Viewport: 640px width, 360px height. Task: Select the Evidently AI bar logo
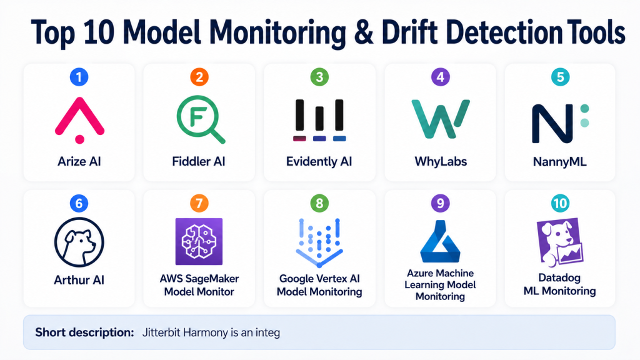click(x=319, y=120)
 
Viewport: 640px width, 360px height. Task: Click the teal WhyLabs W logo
click(x=441, y=119)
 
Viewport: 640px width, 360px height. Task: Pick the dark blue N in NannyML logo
click(x=552, y=123)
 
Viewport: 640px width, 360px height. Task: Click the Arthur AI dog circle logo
click(x=79, y=242)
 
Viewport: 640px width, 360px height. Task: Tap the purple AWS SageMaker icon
click(x=199, y=242)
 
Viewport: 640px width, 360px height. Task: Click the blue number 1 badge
click(x=79, y=77)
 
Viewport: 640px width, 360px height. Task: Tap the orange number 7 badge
click(x=199, y=203)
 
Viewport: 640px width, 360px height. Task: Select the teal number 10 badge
click(x=560, y=203)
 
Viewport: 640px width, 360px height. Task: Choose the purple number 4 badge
click(x=441, y=77)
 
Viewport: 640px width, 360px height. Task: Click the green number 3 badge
click(x=319, y=77)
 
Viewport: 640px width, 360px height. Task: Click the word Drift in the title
click(x=409, y=32)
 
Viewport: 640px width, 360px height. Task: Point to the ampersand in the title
click(x=364, y=32)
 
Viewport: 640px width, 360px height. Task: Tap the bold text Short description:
click(x=84, y=332)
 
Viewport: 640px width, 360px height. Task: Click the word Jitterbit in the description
click(x=161, y=332)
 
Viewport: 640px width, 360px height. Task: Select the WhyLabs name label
click(x=441, y=162)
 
